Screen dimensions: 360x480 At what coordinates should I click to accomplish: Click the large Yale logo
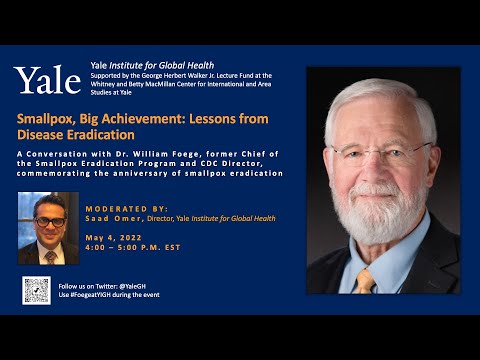pos(46,80)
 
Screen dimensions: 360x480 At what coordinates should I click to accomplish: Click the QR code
pos(36,290)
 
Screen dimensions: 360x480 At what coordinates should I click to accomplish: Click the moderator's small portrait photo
pos(49,228)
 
